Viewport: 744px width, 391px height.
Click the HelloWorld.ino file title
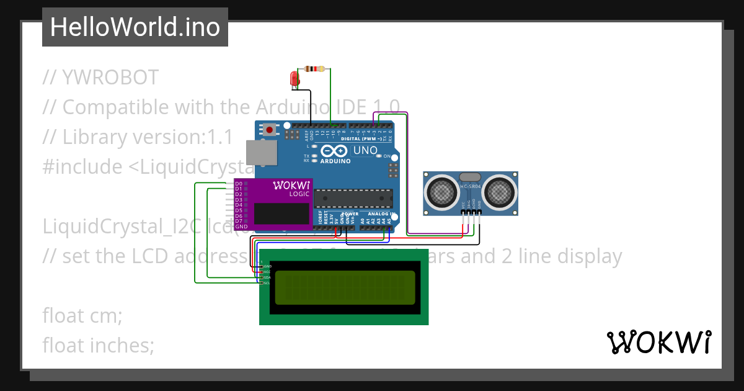tap(135, 27)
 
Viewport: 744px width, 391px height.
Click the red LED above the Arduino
tap(295, 78)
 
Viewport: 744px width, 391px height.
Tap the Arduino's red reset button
tap(270, 130)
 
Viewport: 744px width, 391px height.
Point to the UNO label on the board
tap(365, 151)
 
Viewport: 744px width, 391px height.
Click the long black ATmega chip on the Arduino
tap(353, 198)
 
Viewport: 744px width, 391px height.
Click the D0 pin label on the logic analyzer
tap(239, 184)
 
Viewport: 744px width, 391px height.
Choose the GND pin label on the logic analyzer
tap(241, 227)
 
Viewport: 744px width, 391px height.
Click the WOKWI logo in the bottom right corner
tap(658, 343)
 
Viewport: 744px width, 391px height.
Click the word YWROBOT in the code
tap(110, 78)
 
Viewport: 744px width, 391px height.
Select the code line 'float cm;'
tap(82, 315)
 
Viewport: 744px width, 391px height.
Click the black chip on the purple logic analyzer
tap(282, 213)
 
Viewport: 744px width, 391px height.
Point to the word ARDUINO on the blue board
tap(335, 161)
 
